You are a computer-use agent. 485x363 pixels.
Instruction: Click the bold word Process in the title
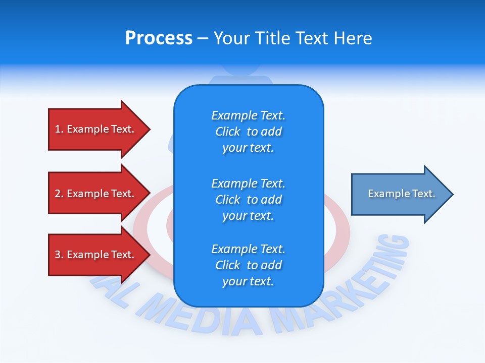pos(159,38)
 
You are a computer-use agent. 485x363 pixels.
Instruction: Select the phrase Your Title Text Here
pos(293,38)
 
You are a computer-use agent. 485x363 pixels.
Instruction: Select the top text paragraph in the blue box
pos(248,132)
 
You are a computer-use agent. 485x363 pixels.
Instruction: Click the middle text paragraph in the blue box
pos(248,200)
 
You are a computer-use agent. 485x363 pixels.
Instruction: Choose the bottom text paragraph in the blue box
pos(248,265)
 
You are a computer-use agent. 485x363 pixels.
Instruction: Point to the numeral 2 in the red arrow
pos(58,194)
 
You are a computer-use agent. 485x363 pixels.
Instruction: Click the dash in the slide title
pos(203,39)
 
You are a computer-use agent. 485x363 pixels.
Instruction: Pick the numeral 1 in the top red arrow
pos(57,129)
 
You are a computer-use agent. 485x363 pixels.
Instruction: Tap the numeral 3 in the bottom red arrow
pos(58,255)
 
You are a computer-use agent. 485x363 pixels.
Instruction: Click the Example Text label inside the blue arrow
pos(401,194)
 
